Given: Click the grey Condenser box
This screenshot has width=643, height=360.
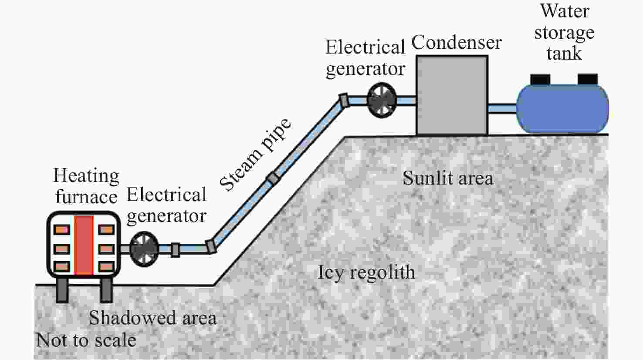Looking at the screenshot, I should [452, 95].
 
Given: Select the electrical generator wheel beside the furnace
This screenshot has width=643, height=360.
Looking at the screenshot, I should [144, 249].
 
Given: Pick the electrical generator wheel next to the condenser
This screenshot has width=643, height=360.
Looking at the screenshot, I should [382, 101].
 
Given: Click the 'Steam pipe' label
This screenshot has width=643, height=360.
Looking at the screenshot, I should [255, 155].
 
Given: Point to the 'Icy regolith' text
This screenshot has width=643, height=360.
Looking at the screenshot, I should [366, 273].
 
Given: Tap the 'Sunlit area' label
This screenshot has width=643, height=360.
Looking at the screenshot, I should [448, 178].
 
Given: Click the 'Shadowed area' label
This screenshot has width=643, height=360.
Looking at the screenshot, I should [152, 318].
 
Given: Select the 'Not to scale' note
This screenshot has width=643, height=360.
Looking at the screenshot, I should [86, 340].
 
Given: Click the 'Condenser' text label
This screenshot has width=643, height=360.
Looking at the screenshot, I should [456, 43].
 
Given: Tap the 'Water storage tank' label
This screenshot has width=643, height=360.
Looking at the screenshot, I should [564, 33].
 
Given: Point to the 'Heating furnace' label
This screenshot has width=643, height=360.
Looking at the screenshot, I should [86, 186].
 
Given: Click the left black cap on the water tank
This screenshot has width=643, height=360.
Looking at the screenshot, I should [540, 79].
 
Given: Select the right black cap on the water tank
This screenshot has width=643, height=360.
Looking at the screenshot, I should [587, 79].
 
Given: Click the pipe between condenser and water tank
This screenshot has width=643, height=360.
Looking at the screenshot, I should [502, 108].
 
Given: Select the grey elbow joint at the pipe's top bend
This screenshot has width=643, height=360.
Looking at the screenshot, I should [344, 100].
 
